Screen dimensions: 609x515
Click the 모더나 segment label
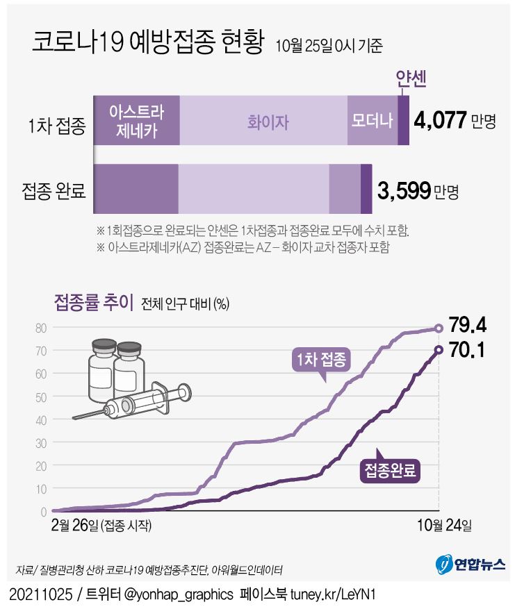(x=372, y=120)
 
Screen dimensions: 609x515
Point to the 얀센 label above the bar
(x=409, y=80)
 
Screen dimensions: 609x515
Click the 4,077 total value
(x=439, y=121)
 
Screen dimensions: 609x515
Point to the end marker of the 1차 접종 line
(x=439, y=328)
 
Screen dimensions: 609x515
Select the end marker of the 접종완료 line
(x=439, y=350)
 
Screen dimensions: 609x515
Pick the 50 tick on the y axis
(x=41, y=397)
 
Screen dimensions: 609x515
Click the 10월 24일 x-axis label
(x=438, y=524)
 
